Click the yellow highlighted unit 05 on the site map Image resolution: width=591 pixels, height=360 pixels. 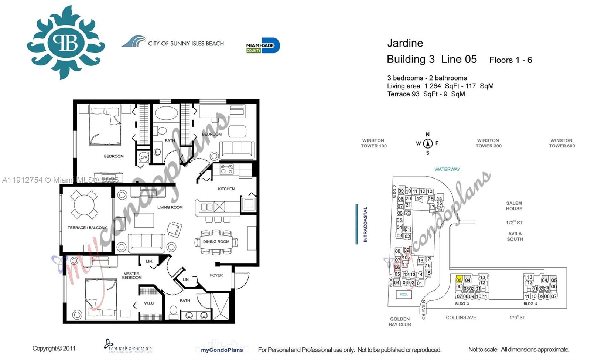[x=459, y=279]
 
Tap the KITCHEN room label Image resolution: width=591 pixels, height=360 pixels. [x=226, y=189]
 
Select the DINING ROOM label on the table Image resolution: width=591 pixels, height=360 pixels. [x=216, y=242]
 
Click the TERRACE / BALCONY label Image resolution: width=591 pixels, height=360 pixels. [x=87, y=228]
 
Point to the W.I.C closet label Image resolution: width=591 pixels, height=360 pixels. [x=149, y=303]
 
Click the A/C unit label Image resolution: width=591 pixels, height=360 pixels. [x=143, y=157]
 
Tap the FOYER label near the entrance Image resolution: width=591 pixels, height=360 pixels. [x=216, y=275]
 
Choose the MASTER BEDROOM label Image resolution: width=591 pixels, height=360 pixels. [x=131, y=276]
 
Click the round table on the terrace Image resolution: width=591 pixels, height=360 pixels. [x=84, y=204]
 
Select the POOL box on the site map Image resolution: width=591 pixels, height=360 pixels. [x=404, y=295]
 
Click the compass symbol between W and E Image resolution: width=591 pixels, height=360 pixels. [x=428, y=143]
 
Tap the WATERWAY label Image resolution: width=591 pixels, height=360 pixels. [x=447, y=169]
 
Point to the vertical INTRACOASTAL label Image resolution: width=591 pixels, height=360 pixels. [x=365, y=224]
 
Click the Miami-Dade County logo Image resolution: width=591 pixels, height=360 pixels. [x=263, y=46]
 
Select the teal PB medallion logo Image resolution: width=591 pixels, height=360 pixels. [x=66, y=43]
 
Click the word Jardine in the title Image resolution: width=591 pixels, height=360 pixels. [x=405, y=43]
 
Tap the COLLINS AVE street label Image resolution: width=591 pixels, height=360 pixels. [x=461, y=317]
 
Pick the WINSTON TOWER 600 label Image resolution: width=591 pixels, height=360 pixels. [x=561, y=143]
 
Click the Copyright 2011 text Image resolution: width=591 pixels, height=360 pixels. [x=54, y=348]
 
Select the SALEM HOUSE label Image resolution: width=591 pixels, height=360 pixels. [x=514, y=206]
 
